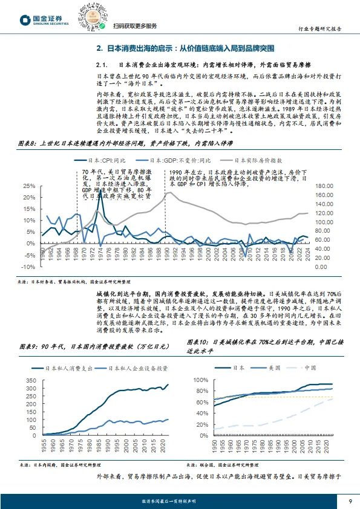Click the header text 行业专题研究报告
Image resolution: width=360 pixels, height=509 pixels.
click(x=320, y=28)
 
